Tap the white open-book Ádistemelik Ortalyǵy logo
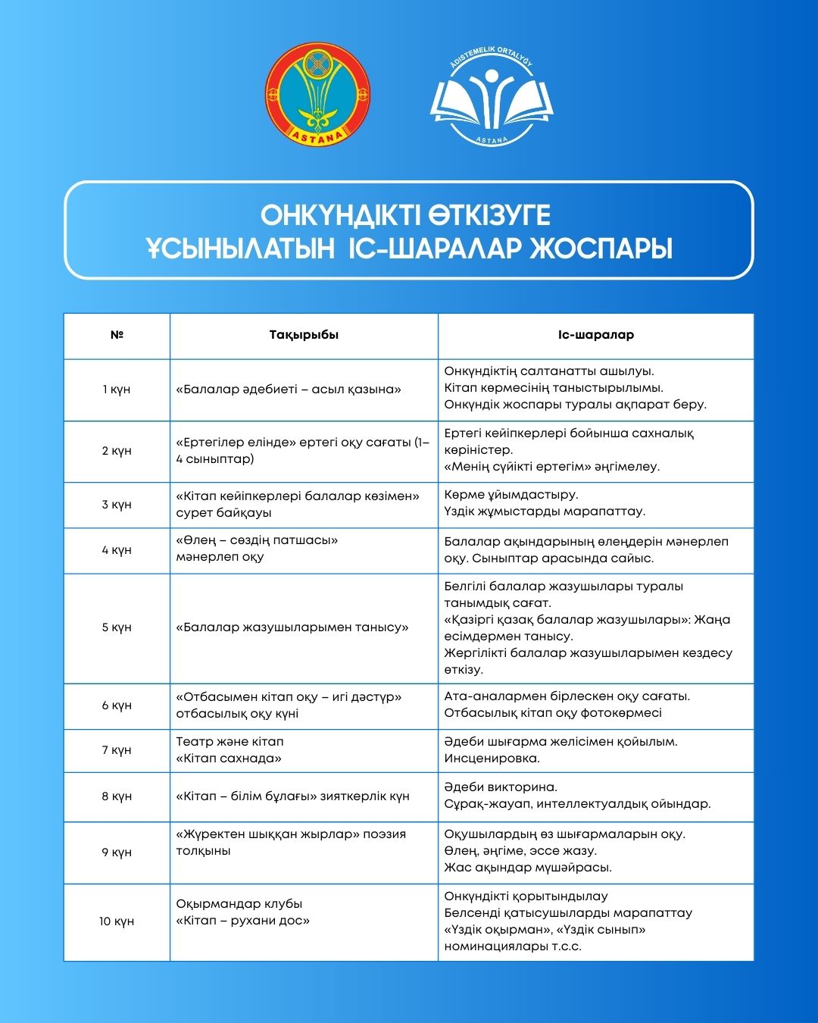[x=492, y=96]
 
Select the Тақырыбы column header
[x=304, y=335]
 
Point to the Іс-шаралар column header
[x=596, y=335]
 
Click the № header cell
[x=117, y=335]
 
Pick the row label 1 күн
[x=117, y=389]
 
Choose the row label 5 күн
[x=117, y=627]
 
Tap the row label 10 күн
[x=117, y=921]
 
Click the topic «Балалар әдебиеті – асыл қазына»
[x=289, y=389]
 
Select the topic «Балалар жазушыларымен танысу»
[x=292, y=627]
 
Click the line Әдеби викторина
[x=501, y=787]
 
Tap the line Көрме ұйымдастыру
[x=511, y=495]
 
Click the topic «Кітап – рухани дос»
[x=243, y=921]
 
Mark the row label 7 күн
[x=117, y=750]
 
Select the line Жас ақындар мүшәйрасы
[x=528, y=868]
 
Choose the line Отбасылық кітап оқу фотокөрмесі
[x=553, y=713]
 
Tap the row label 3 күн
[x=117, y=505]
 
